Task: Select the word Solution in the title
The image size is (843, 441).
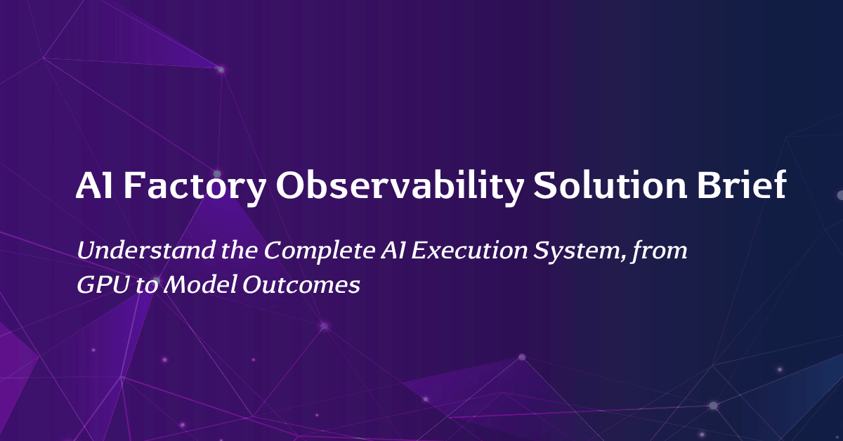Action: tap(610, 185)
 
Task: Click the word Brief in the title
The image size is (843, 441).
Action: tap(741, 185)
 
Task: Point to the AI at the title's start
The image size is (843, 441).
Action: tap(94, 185)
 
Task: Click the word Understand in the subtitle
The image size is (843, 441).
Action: tap(146, 250)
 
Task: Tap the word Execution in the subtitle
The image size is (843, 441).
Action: tap(470, 250)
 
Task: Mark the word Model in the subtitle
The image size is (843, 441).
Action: tap(201, 284)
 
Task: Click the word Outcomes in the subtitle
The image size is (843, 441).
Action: tap(301, 285)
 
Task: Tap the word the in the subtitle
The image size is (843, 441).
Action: tap(239, 250)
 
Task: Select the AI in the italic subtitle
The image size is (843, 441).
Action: tap(393, 250)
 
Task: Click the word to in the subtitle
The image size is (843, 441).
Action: tap(146, 286)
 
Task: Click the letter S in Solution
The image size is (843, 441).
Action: tap(546, 185)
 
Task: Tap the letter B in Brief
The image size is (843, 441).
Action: tap(709, 185)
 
